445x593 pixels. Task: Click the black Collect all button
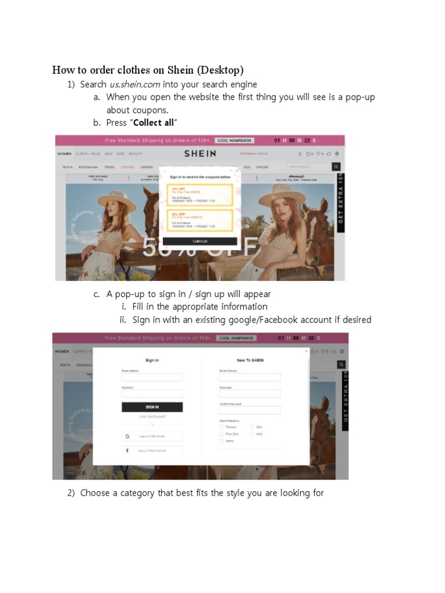coord(199,241)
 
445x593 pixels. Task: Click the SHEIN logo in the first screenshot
coord(200,153)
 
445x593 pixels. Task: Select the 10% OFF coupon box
coord(199,195)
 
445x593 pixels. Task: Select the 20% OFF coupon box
coord(199,220)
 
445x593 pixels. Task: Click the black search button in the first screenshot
coord(336,167)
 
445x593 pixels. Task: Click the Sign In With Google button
coord(152,436)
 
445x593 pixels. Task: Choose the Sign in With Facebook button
coord(152,450)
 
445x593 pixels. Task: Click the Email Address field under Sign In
coord(152,377)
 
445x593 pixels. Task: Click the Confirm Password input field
coord(250,410)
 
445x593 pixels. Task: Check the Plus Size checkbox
coord(221,434)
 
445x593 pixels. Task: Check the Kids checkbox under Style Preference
coord(252,434)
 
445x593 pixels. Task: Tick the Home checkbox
coord(221,441)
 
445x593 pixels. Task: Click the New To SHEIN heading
coord(250,360)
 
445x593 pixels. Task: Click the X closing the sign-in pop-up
coord(307,351)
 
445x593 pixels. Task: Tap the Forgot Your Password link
coord(152,416)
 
